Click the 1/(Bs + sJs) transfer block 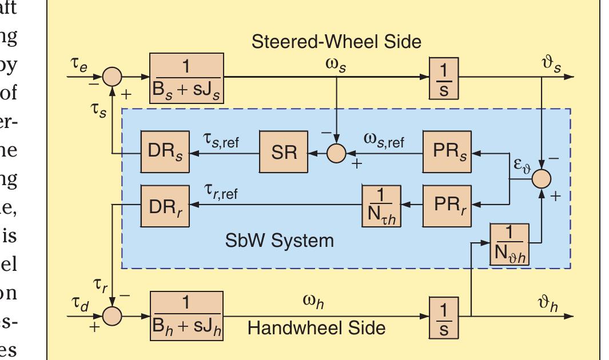[186, 77]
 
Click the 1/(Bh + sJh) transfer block [186, 315]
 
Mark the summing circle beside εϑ [541, 179]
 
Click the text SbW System [279, 240]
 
